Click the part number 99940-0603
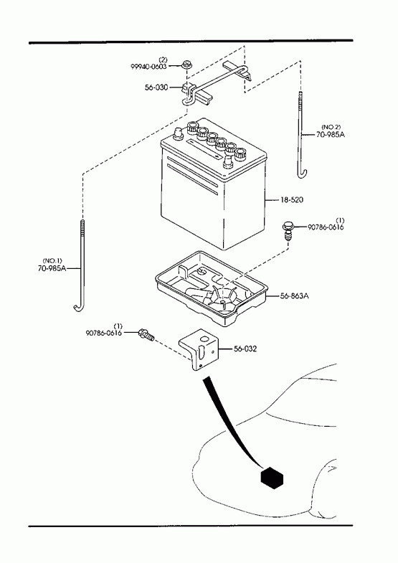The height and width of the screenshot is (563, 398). (x=148, y=67)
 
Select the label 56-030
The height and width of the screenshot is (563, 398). (x=156, y=87)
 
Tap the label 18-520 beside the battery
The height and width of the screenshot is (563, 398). (x=291, y=199)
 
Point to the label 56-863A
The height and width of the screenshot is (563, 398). (x=295, y=296)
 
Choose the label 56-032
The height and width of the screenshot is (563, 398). (x=245, y=349)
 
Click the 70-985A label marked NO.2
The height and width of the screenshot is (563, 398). (x=331, y=134)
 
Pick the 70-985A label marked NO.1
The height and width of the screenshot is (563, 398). (x=52, y=268)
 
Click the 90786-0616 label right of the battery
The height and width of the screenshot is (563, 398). (x=326, y=227)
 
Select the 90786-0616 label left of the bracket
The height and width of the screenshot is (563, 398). (x=104, y=333)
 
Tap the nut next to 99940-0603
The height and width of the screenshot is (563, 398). (x=186, y=65)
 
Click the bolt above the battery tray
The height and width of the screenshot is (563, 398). (x=287, y=231)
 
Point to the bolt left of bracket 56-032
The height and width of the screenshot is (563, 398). (x=146, y=335)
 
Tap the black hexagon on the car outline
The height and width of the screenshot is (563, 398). (x=272, y=478)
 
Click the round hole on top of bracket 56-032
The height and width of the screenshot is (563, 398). (x=205, y=339)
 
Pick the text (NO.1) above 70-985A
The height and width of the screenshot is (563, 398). (x=52, y=260)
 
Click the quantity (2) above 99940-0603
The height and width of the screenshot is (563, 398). (x=164, y=60)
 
